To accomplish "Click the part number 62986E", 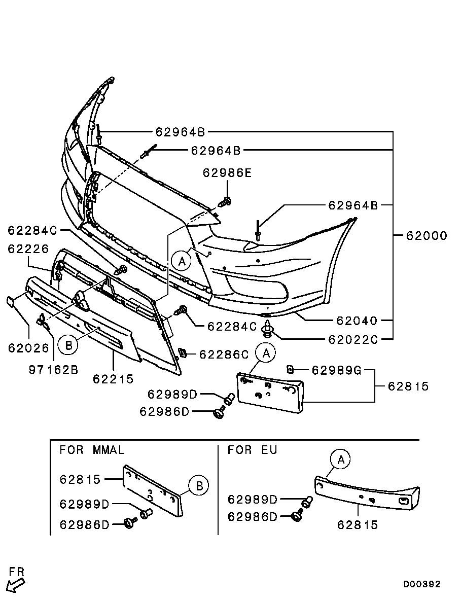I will pos(227,173).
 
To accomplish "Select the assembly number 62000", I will pos(426,235).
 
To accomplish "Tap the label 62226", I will pos(28,249).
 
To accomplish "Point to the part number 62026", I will pos(28,348).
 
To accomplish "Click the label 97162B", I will pos(53,369).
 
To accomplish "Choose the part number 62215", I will pos(113,378).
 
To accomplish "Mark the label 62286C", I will pos(224,354).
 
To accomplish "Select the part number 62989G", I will pos(336,370).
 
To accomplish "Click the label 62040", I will pos(356,321).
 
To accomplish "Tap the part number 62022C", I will pos(353,340).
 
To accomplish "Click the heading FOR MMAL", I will pos(92,450).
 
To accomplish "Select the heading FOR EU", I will pos(252,450).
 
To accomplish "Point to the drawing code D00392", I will pos(422,584).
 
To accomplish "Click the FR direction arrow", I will pos(16,583).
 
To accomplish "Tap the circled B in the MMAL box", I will pos(199,486).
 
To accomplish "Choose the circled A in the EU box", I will pos(341,460).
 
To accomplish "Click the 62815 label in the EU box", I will pos(358,525).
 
